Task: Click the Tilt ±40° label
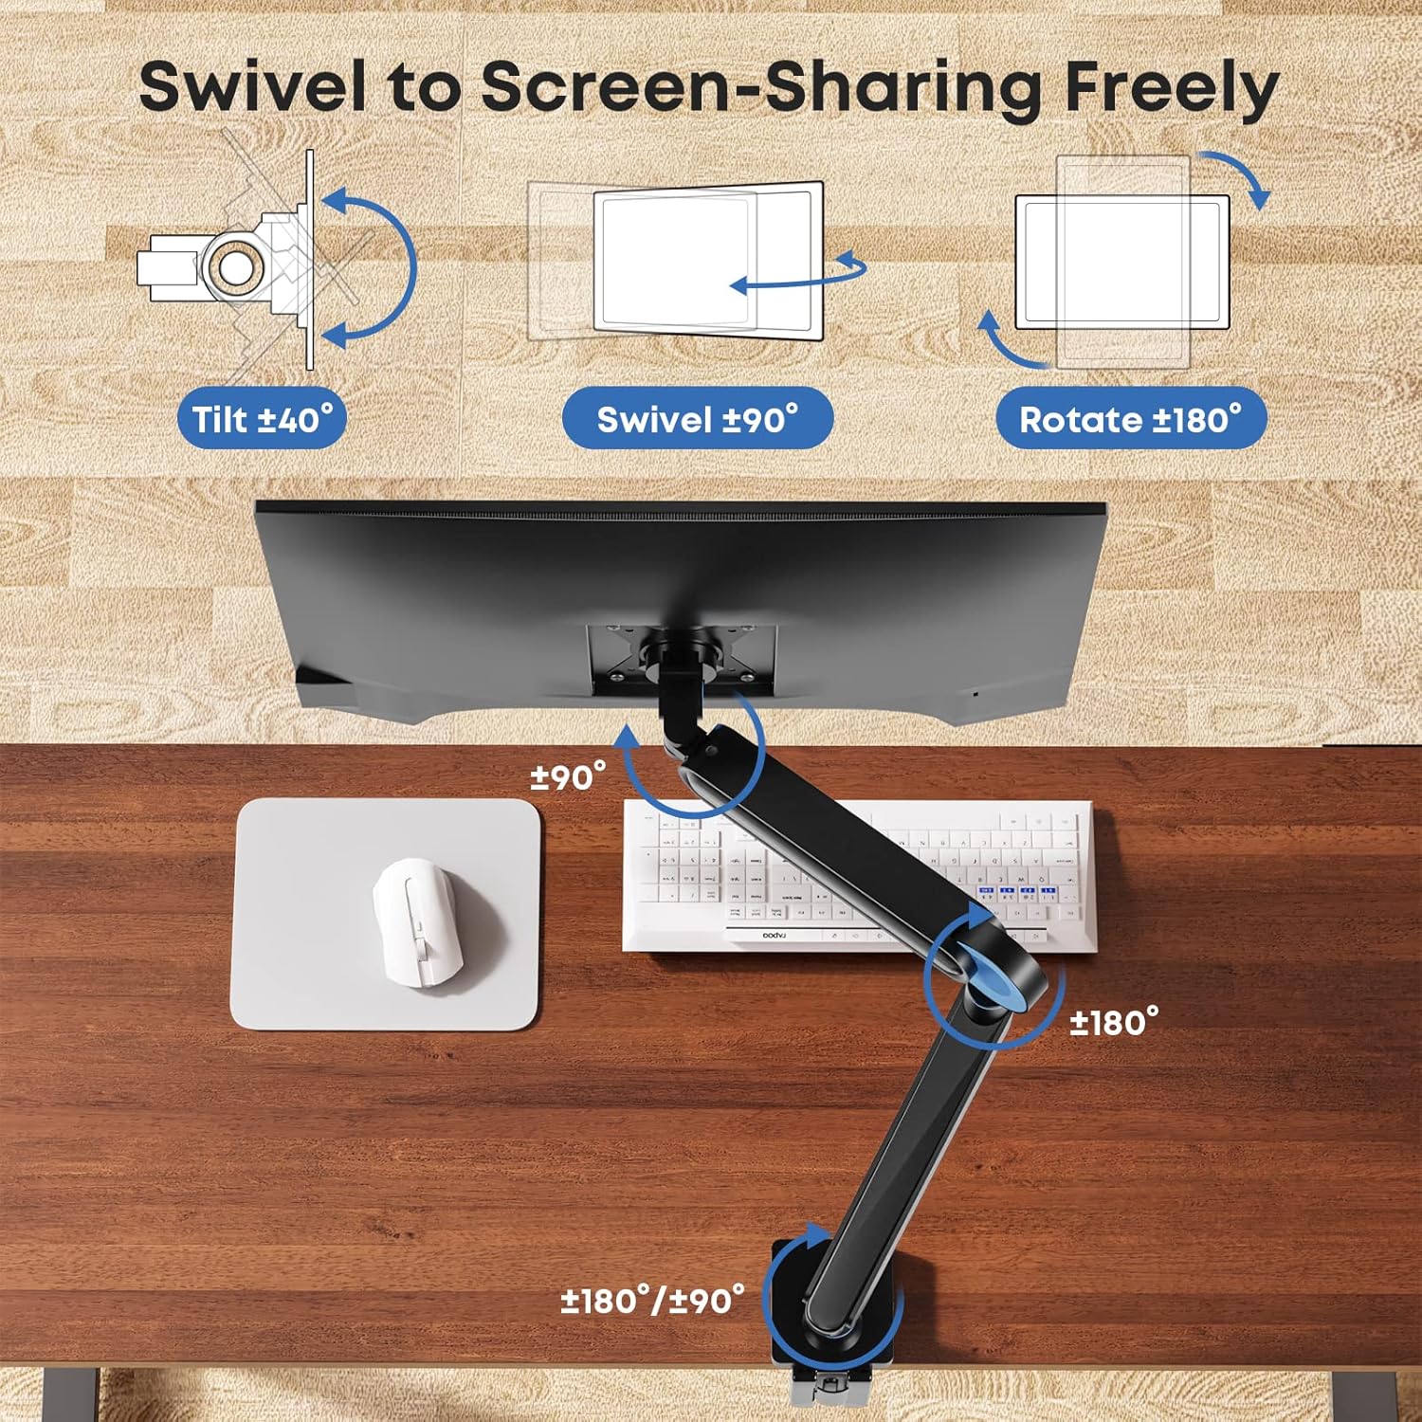tap(263, 419)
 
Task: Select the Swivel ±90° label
tap(697, 419)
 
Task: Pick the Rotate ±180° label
tap(1130, 419)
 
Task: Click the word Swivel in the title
tap(252, 87)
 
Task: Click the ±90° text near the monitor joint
tap(568, 777)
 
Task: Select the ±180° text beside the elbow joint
tap(1114, 1023)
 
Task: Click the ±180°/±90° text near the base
tap(652, 1300)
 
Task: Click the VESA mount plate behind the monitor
tap(682, 654)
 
